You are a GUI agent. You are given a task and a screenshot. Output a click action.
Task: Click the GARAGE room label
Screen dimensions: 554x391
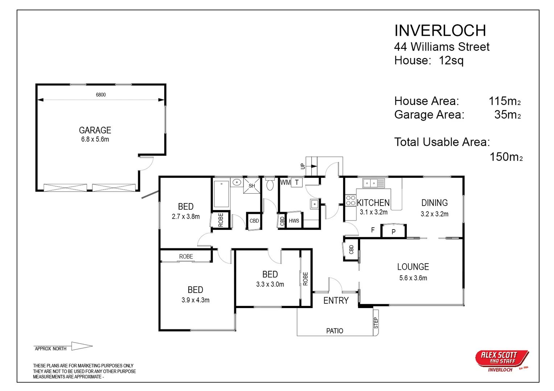[95, 130]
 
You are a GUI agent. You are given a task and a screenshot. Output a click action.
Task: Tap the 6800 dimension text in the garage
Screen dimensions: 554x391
[101, 94]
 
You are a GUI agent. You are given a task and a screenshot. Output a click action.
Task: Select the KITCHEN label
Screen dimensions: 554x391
[373, 203]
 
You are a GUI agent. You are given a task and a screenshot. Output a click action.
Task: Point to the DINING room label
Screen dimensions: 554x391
[435, 203]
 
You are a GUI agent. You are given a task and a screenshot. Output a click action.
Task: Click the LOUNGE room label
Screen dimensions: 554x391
[413, 267]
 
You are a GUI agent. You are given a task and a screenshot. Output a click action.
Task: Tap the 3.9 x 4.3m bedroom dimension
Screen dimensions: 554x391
[195, 300]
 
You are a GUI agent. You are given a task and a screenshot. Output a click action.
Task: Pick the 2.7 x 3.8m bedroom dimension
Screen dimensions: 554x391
[186, 216]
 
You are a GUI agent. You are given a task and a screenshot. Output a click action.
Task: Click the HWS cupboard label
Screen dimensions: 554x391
[294, 221]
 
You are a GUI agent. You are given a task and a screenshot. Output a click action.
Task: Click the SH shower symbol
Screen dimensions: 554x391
[252, 186]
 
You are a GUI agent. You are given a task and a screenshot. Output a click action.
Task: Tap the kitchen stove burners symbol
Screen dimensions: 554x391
[351, 200]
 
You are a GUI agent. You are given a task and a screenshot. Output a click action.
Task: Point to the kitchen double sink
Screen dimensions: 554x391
[373, 183]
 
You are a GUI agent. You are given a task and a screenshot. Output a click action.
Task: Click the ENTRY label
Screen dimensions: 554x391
[336, 300]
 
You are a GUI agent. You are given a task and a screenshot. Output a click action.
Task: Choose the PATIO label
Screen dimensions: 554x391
[335, 331]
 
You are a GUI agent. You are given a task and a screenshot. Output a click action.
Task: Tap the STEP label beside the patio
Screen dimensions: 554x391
[376, 323]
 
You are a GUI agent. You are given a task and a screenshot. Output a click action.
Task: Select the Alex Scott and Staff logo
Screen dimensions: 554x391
[502, 361]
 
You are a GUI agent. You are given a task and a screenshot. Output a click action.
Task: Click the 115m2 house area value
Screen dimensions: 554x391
[505, 101]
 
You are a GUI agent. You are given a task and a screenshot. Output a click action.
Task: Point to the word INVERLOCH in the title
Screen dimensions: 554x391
[440, 31]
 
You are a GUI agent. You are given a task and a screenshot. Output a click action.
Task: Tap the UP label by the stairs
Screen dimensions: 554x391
[303, 166]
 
